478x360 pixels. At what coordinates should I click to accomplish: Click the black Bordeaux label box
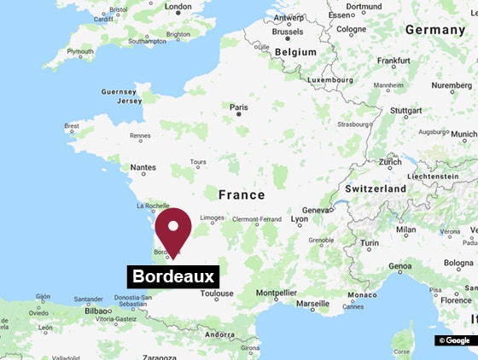point(173,276)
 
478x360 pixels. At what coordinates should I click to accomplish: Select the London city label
point(178,7)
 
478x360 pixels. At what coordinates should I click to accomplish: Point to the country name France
point(242,195)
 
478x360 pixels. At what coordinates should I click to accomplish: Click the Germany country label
point(435,29)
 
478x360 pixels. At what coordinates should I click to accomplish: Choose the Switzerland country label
point(376,188)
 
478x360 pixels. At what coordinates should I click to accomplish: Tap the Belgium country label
point(294,51)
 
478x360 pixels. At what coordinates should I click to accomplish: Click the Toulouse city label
point(217,293)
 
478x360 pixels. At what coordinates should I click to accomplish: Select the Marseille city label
point(312,303)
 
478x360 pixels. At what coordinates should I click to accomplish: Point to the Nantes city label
point(143,168)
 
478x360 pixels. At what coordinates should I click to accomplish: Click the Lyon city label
point(300,219)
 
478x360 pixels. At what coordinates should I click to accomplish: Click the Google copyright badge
point(455,340)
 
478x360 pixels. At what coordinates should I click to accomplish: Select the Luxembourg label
point(330,79)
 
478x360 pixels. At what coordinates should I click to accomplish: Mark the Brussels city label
point(287,31)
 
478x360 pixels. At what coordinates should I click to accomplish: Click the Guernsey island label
point(118,91)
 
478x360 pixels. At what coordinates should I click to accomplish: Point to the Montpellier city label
point(276,293)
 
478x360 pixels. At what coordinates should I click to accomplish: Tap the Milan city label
point(406,229)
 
